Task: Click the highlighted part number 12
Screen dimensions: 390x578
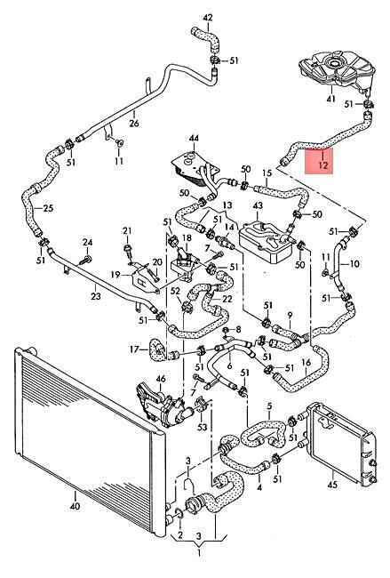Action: [323, 165]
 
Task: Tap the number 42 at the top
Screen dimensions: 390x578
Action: [208, 17]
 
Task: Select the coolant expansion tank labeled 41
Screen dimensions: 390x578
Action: [337, 70]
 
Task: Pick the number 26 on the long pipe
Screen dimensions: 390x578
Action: [134, 123]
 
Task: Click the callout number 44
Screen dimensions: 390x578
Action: [194, 138]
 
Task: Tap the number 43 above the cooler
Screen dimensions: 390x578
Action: [258, 205]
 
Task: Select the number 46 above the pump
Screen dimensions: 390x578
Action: [161, 379]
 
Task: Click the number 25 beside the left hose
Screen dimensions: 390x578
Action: [48, 208]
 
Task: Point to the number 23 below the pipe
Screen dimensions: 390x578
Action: [95, 296]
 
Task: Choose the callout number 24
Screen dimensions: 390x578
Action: [87, 243]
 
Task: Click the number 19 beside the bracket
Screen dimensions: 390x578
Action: [115, 275]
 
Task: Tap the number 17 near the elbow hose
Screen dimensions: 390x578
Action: [134, 349]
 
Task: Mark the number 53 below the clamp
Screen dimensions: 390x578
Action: [203, 427]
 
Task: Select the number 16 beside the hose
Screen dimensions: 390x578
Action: [306, 363]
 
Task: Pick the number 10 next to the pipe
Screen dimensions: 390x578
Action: [354, 264]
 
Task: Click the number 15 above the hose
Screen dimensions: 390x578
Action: [267, 173]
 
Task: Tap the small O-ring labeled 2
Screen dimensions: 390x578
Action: [179, 513]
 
